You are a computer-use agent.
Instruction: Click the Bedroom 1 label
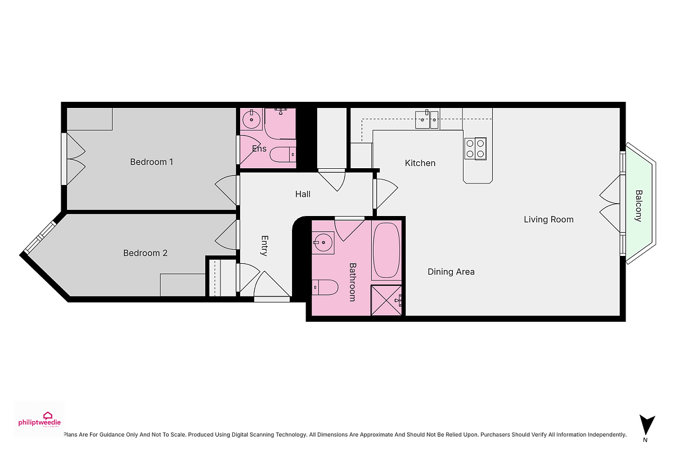click(151, 162)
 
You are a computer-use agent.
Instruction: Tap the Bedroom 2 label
click(145, 253)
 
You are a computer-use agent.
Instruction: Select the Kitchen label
click(420, 163)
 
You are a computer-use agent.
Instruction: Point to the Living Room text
click(548, 219)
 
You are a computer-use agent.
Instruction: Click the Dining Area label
click(451, 272)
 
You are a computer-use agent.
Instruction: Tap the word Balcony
click(638, 206)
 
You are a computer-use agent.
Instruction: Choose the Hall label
click(303, 194)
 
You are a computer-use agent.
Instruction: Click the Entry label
click(264, 246)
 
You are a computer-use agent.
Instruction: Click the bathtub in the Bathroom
click(386, 250)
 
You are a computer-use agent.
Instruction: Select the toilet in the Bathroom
click(325, 287)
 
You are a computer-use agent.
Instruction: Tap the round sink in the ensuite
click(251, 119)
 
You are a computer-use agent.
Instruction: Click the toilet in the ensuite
click(282, 155)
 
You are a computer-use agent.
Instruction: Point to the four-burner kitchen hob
click(475, 148)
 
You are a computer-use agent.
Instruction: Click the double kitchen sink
click(427, 120)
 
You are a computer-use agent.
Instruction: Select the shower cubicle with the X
click(386, 300)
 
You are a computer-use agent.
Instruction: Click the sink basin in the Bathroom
click(323, 242)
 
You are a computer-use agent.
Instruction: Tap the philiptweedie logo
click(39, 420)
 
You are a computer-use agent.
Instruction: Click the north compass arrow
click(647, 424)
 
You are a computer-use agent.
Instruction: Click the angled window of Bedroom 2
click(40, 237)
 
